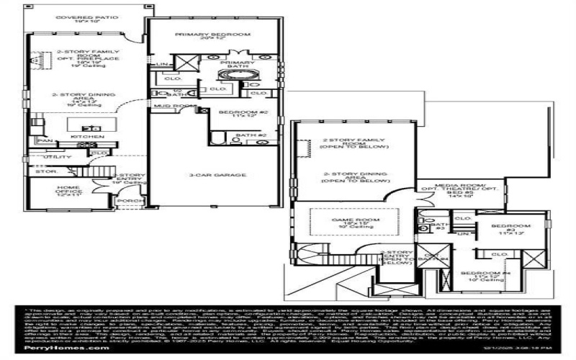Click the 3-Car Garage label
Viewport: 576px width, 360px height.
click(x=217, y=175)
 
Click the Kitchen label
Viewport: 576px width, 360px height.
click(x=82, y=136)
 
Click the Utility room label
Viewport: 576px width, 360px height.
click(x=58, y=157)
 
